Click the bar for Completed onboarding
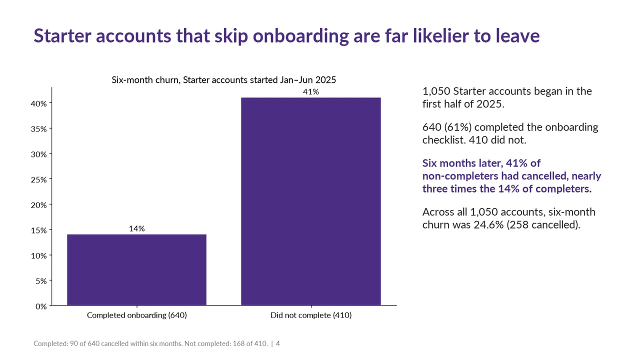coord(136,270)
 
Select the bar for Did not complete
coord(311,201)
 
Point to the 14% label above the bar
coord(136,228)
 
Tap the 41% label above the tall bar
coord(311,91)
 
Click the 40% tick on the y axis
coord(39,103)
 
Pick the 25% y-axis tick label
coord(39,179)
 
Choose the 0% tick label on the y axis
coord(41,306)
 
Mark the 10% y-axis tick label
coord(39,255)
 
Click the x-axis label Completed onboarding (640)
coord(137,315)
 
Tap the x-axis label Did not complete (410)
coord(311,315)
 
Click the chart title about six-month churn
coord(223,79)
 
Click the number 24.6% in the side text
coord(488,225)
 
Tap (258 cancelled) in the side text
coord(543,225)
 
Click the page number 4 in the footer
coord(277,343)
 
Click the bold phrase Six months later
coord(463,163)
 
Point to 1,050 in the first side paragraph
coord(436,91)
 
